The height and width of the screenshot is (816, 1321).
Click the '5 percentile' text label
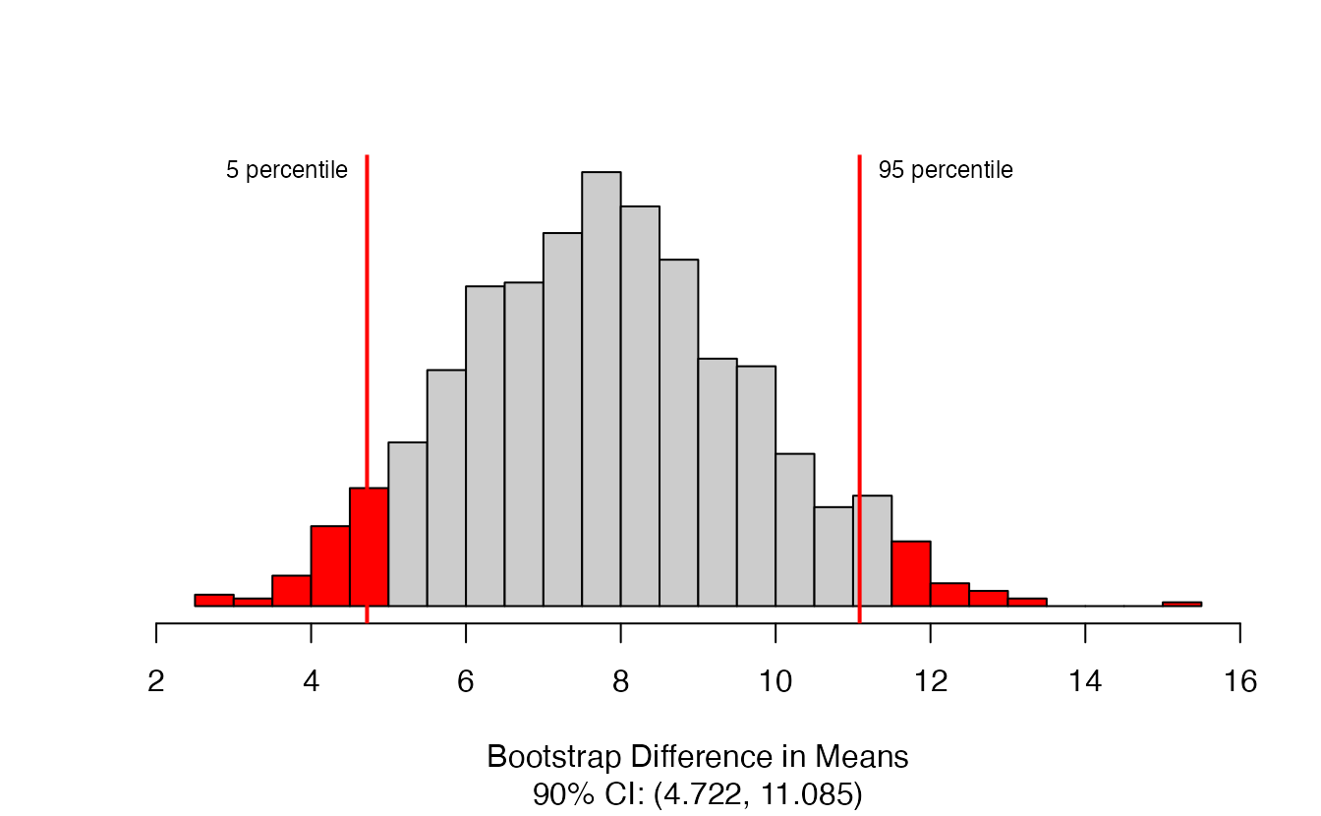pos(286,170)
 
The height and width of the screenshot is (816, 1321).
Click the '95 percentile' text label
pos(946,170)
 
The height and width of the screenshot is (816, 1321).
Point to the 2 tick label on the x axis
pos(156,681)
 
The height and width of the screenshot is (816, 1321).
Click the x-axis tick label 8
pos(621,681)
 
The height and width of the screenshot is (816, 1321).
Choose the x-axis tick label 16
pos(1240,681)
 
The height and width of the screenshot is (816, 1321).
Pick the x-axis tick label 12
pos(931,681)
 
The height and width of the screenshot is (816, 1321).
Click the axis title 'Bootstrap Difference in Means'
pos(697,757)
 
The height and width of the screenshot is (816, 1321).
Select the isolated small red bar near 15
pos(1181,604)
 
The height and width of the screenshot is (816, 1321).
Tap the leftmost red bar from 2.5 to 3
pos(214,600)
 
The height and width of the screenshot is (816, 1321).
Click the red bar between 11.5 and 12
pos(911,573)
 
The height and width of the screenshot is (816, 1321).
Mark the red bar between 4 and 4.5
pos(330,566)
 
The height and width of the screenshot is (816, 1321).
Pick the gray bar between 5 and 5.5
pos(407,524)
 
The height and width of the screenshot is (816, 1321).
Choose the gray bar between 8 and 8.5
pos(640,406)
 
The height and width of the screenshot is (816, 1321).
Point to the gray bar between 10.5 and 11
pos(833,556)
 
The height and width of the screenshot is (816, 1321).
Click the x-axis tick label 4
pos(312,681)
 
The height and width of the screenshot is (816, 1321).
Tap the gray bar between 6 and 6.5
pos(485,446)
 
